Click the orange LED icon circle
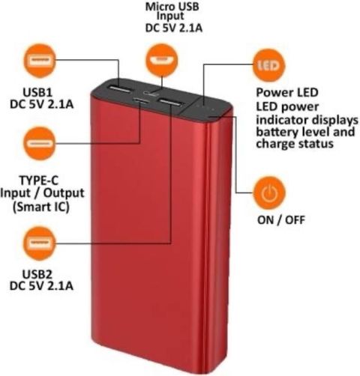click(x=268, y=65)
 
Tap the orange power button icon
click(x=269, y=193)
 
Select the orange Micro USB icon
click(x=161, y=60)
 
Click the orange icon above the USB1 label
click(x=40, y=60)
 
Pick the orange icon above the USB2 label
click(x=40, y=243)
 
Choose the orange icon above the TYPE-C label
click(x=40, y=143)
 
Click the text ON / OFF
click(x=281, y=220)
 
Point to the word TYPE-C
click(x=39, y=181)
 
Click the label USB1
click(x=37, y=92)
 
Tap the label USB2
click(x=37, y=274)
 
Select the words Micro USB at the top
click(x=172, y=7)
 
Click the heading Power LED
click(x=287, y=93)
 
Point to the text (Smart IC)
click(x=40, y=207)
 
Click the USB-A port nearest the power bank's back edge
click(x=119, y=89)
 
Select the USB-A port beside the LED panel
click(x=169, y=103)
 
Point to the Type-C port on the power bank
click(x=141, y=100)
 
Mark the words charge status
click(x=295, y=144)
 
